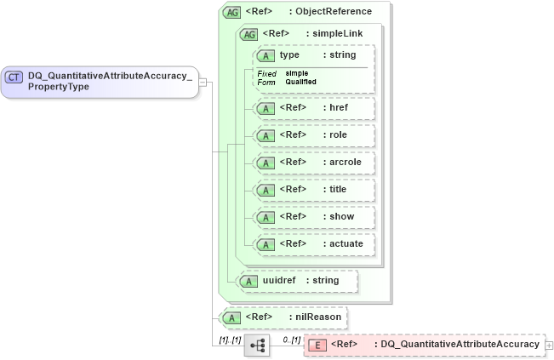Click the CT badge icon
tap(14, 77)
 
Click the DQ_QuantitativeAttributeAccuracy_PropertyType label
tap(110, 82)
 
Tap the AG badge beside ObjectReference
tap(231, 13)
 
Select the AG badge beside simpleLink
tap(249, 34)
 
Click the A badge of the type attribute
tap(266, 55)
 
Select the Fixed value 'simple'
tap(297, 74)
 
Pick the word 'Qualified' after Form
tap(301, 82)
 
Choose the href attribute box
tap(314, 108)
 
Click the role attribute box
tap(314, 135)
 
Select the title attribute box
tap(314, 190)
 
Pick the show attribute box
tap(314, 217)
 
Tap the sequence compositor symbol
tap(257, 345)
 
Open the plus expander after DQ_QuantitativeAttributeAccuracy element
tap(549, 345)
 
